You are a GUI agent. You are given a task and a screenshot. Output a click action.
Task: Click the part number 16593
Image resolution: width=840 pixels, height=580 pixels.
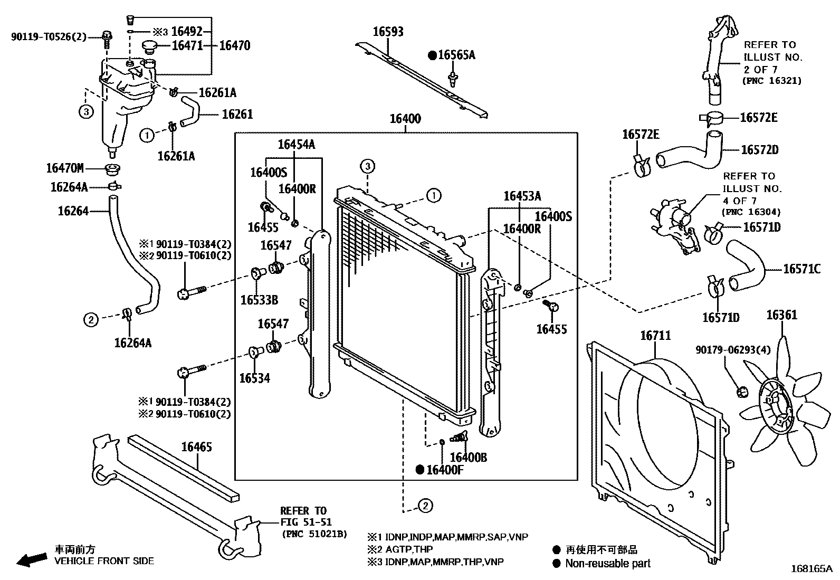tap(388, 32)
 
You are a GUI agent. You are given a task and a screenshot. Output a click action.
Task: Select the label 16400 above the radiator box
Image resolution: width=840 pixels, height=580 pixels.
tap(405, 119)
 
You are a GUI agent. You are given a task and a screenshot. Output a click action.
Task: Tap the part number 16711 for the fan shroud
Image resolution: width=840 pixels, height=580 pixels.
tap(655, 336)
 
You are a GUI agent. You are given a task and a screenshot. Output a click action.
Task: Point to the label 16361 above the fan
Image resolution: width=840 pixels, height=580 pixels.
tap(781, 316)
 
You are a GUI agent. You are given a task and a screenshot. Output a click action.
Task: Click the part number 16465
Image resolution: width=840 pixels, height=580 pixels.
tap(196, 447)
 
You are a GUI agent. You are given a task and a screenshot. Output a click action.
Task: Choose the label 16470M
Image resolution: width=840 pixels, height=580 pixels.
tap(65, 168)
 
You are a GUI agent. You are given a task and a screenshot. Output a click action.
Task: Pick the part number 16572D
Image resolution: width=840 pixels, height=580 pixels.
tap(759, 150)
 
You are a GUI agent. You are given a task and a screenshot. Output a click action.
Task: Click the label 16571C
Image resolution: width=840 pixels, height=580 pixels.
tap(801, 269)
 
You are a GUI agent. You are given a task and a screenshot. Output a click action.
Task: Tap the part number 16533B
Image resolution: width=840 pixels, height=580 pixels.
tap(259, 300)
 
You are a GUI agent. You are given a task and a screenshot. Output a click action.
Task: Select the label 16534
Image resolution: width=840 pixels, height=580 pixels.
tap(254, 378)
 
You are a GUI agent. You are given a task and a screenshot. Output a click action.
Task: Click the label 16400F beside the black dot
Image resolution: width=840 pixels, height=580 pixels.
tap(444, 470)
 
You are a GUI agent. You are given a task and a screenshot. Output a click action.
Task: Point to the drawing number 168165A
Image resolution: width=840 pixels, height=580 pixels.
tap(811, 569)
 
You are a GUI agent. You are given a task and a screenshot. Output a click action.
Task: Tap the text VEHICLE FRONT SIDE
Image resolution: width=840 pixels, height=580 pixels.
tap(104, 561)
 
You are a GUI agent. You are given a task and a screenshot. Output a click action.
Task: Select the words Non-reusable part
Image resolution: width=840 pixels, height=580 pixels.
tap(607, 564)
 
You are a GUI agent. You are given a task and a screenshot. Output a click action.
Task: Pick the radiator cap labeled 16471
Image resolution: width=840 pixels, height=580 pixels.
tap(150, 47)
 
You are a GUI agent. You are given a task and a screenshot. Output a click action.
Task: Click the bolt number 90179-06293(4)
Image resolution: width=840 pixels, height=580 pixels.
tap(726, 350)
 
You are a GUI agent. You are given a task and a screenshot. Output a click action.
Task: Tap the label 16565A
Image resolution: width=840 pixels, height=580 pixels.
tap(456, 55)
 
